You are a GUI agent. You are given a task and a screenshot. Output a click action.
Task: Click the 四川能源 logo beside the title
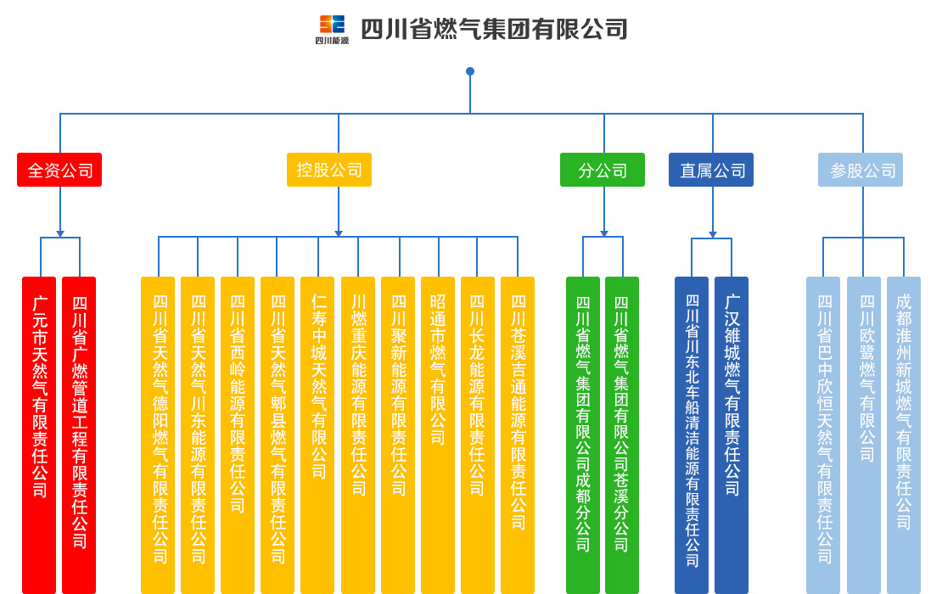[x=332, y=29]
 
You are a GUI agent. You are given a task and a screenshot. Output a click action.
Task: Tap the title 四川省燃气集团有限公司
[x=494, y=30]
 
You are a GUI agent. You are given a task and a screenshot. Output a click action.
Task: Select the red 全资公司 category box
[x=59, y=170]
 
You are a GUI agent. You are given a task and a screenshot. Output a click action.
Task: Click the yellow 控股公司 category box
[x=329, y=170]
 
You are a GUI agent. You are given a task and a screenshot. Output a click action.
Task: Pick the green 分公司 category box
[x=603, y=170]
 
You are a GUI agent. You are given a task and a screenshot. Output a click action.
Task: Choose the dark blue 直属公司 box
[x=711, y=170]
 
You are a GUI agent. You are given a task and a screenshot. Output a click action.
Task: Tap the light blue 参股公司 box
[x=861, y=170]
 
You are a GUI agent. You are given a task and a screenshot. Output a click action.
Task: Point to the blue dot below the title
[x=470, y=71]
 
